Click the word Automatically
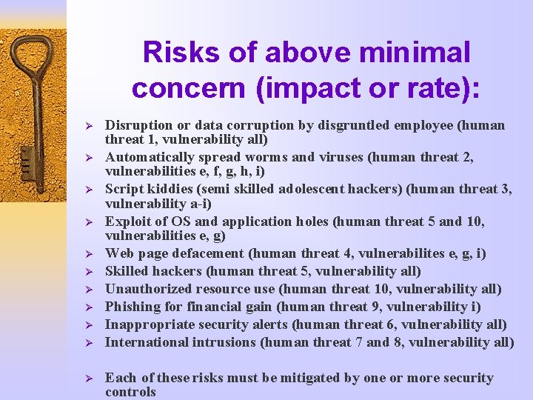(x=150, y=157)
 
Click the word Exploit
(x=127, y=221)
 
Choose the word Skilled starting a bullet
(x=127, y=271)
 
